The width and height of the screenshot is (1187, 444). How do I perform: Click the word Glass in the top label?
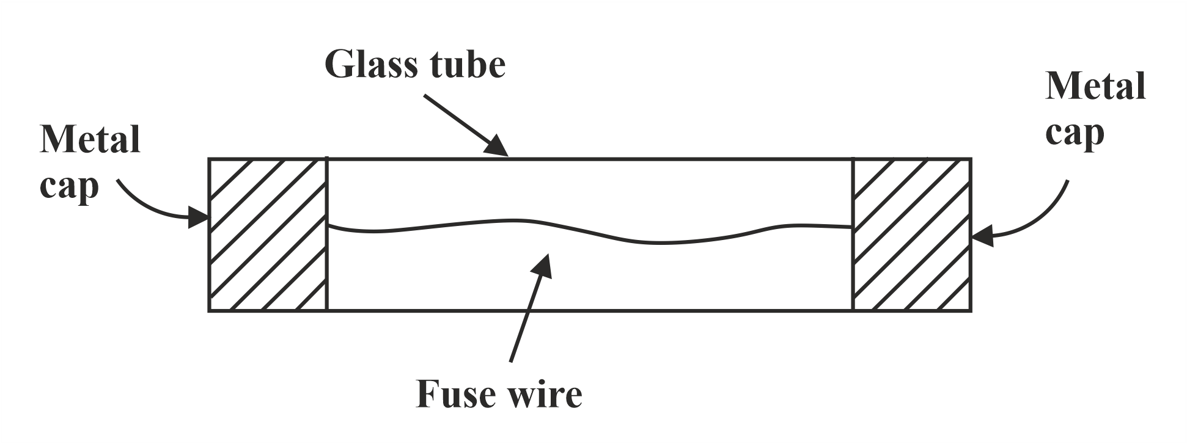[x=373, y=65]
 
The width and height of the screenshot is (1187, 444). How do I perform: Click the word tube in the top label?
[x=469, y=65]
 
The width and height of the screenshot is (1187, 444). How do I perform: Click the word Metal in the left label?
[x=90, y=140]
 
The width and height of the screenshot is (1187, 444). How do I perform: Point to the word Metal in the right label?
[x=1095, y=86]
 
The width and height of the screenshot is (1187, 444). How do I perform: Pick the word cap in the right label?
[x=1074, y=134]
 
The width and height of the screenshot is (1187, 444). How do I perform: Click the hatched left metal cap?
[x=268, y=235]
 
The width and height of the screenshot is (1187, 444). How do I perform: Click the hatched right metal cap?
[x=911, y=235]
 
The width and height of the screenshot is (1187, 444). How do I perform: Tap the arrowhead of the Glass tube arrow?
[x=498, y=147]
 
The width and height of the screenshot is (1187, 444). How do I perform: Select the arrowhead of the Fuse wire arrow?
[x=542, y=265]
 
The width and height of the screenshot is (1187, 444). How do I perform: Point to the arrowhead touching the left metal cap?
[x=198, y=217]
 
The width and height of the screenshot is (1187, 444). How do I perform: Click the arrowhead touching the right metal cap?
[x=982, y=236]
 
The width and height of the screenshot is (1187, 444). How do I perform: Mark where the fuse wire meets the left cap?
[x=328, y=225]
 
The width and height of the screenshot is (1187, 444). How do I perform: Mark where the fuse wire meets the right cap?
[x=852, y=227]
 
